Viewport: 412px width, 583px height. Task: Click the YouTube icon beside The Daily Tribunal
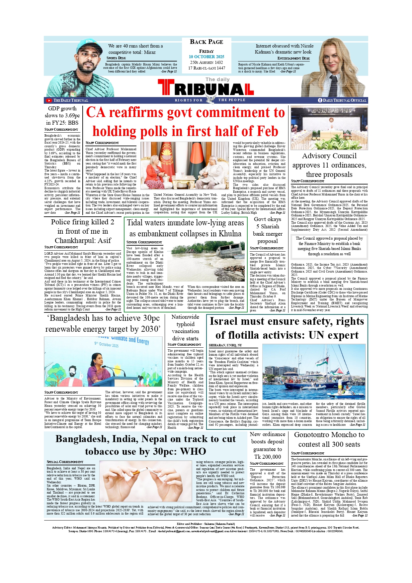pos(49,100)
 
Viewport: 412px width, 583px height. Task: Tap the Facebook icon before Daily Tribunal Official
pos(320,100)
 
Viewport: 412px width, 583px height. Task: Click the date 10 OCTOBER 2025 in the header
pos(206,57)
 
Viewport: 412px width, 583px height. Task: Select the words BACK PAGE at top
pos(206,42)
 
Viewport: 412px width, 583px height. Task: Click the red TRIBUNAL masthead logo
pos(206,88)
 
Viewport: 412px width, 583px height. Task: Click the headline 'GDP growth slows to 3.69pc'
pos(62,116)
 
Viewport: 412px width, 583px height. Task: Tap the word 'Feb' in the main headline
pos(264,131)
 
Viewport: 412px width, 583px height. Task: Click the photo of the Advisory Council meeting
pos(329,128)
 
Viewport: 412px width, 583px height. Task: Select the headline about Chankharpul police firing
pos(83,231)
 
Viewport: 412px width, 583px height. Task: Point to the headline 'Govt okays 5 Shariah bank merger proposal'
pos(268,230)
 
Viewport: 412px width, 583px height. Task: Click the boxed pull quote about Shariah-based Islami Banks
pos(329,246)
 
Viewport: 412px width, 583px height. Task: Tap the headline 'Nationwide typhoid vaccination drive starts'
pos(185,328)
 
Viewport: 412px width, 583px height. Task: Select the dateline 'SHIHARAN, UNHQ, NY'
pos(225,345)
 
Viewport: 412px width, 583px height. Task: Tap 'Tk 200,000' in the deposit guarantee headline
pos(268,457)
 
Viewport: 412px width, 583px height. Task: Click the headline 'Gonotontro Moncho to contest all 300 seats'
pos(329,439)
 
